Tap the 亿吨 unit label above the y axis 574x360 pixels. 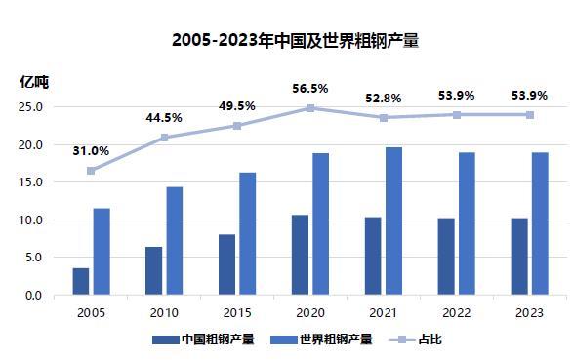click(34, 82)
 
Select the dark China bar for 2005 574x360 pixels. click(81, 281)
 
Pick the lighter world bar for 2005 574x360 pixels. click(101, 251)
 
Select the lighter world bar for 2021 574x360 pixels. click(393, 220)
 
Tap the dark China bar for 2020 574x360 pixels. click(301, 255)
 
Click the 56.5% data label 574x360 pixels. click(310, 89)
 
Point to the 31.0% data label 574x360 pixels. click(91, 151)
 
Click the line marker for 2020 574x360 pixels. click(310, 108)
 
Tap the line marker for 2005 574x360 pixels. click(91, 171)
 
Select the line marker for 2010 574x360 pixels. click(164, 138)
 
